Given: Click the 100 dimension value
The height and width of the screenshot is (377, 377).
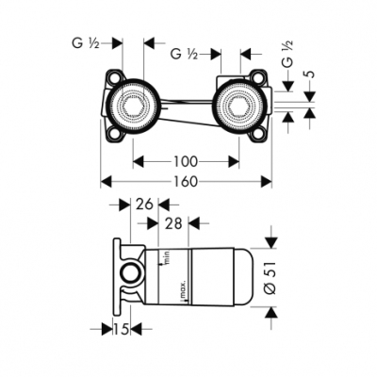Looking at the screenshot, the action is point(186,162).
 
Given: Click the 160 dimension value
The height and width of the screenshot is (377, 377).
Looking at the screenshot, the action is point(186,182).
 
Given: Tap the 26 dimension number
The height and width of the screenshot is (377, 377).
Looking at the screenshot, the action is point(144,205).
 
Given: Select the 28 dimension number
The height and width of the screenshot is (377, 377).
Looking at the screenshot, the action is point(173,223).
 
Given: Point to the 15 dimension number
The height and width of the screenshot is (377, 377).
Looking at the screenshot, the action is point(122,329).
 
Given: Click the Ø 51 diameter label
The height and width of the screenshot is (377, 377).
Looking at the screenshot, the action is point(270,278).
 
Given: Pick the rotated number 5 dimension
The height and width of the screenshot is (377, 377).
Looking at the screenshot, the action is point(309,74).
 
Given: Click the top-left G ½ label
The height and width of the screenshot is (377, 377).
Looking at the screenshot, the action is point(86,43).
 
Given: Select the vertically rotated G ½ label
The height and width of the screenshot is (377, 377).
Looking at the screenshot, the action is point(287,54).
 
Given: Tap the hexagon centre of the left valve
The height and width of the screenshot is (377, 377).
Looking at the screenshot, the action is point(134,106).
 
